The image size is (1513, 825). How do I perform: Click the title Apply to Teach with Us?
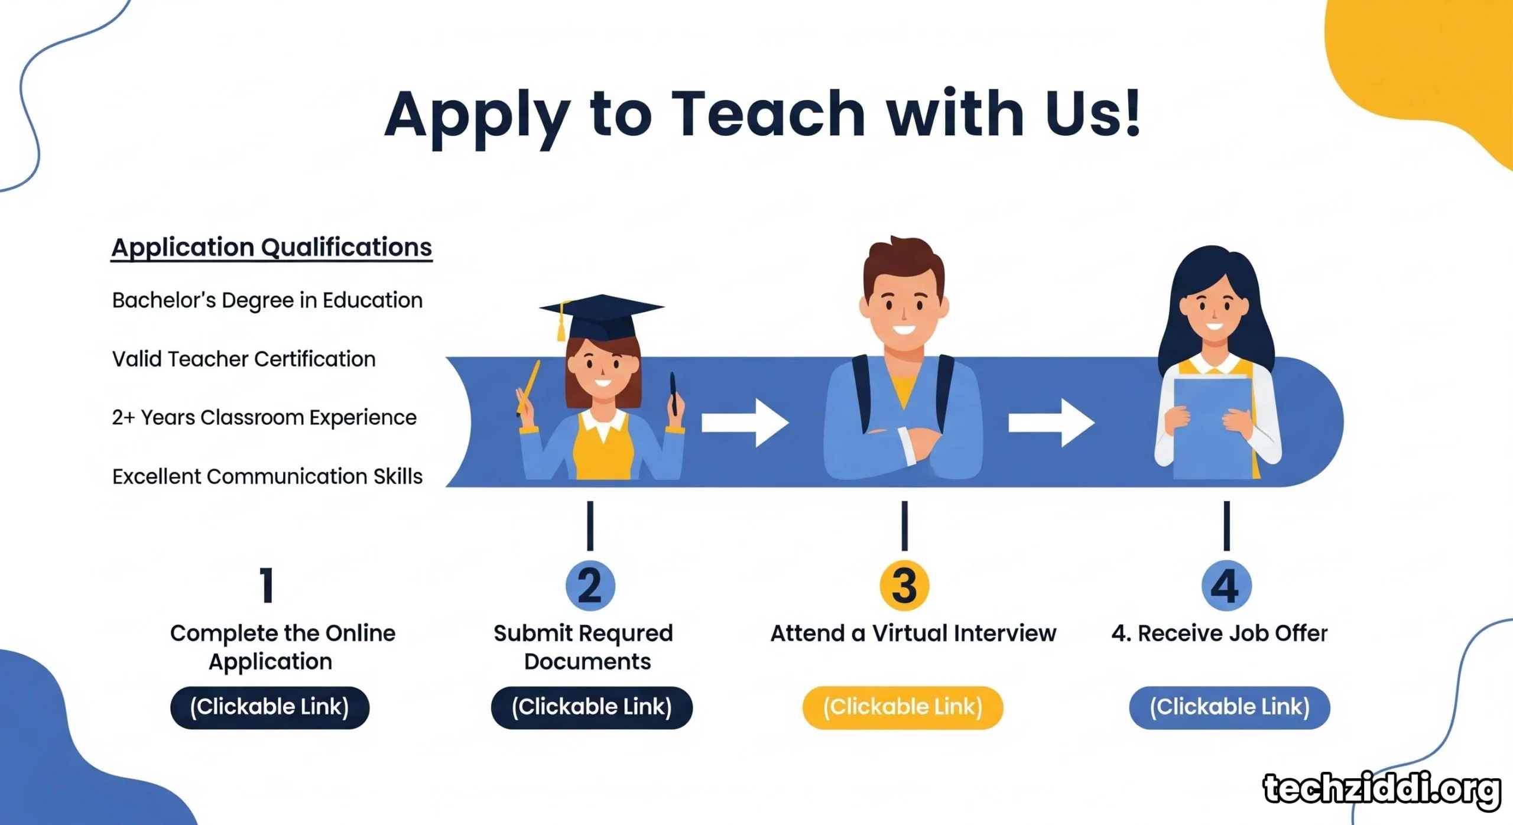[x=762, y=116]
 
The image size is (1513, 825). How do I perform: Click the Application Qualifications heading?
[x=272, y=248]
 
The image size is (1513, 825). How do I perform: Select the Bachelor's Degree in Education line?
[x=267, y=301]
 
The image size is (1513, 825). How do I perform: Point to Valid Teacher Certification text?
[x=243, y=359]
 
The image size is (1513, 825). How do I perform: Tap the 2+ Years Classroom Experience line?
[x=264, y=417]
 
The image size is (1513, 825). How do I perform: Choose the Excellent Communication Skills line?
[x=267, y=476]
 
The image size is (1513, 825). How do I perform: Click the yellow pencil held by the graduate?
[x=528, y=386]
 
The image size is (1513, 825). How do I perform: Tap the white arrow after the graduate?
[x=745, y=423]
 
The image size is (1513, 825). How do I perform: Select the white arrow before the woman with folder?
[x=1051, y=423]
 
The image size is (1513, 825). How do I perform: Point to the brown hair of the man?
[x=904, y=264]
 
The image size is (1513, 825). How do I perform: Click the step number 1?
[x=267, y=585]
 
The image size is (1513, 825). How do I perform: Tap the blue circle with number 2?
[x=590, y=585]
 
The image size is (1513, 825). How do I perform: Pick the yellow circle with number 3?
[x=904, y=585]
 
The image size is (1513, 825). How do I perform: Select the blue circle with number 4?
[x=1226, y=585]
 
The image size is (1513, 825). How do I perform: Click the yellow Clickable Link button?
[x=902, y=707]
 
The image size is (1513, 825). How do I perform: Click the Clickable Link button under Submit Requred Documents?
[x=592, y=707]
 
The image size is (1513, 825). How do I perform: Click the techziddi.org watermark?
[x=1382, y=790]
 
